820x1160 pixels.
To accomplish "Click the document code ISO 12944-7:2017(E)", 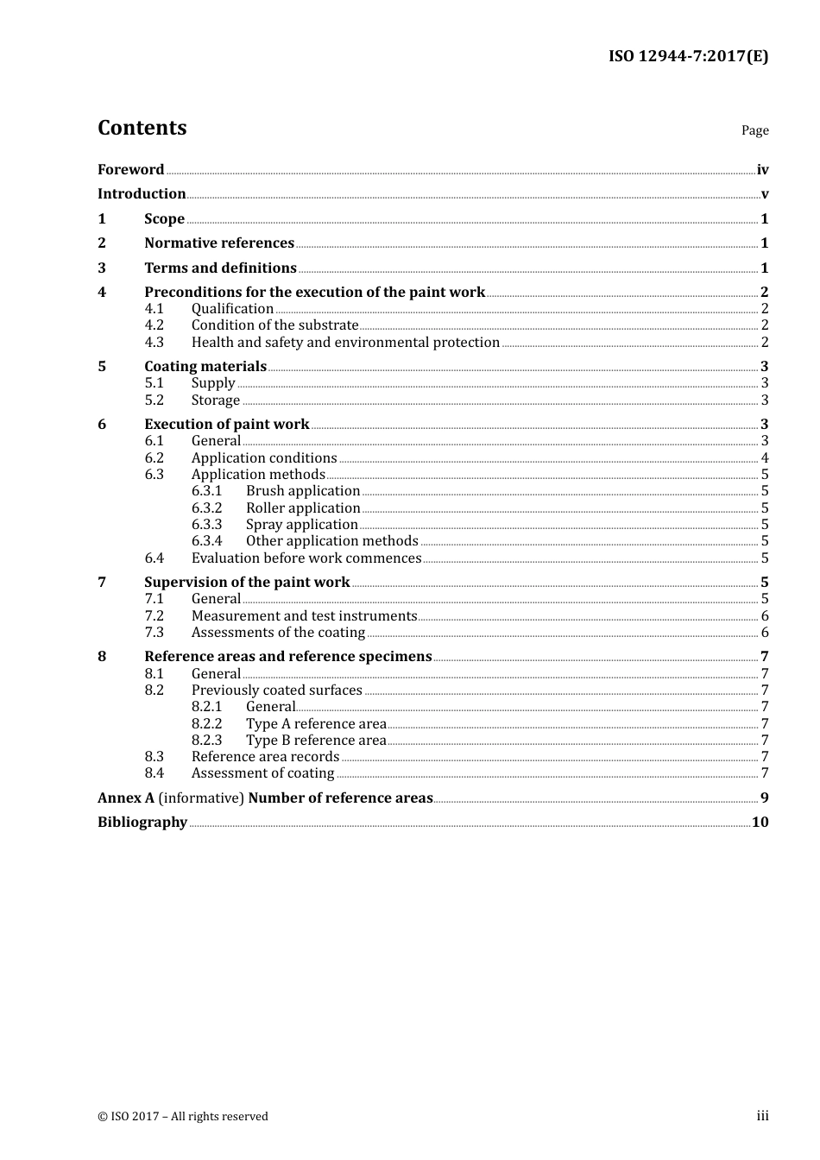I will coord(688,57).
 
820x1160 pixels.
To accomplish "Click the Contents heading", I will coord(142,128).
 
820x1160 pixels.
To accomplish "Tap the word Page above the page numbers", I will coord(754,130).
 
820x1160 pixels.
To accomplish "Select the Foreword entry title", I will coord(130,170).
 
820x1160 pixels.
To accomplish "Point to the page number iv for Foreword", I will coord(762,170).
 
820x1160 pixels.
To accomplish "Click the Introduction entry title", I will coord(142,194).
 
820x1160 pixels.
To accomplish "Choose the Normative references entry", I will coord(219,243).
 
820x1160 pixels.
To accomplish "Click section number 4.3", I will coord(155,343).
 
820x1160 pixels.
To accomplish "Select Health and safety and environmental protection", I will coord(345,343).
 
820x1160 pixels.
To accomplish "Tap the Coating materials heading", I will coord(205,367).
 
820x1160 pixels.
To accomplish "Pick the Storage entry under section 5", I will coord(216,400).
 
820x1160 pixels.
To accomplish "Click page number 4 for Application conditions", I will coord(765,458).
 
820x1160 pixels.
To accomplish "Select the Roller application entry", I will coord(303,508).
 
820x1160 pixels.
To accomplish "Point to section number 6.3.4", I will coord(207,541).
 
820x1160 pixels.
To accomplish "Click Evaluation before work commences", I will coord(306,558).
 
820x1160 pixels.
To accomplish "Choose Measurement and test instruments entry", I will coord(304,616).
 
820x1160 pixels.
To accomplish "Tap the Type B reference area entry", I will coord(316,741).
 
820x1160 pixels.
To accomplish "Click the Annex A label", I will coord(126,798).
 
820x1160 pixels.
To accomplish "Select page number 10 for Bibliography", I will coord(760,823).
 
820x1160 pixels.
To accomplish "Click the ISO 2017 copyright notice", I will coord(183,1117).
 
